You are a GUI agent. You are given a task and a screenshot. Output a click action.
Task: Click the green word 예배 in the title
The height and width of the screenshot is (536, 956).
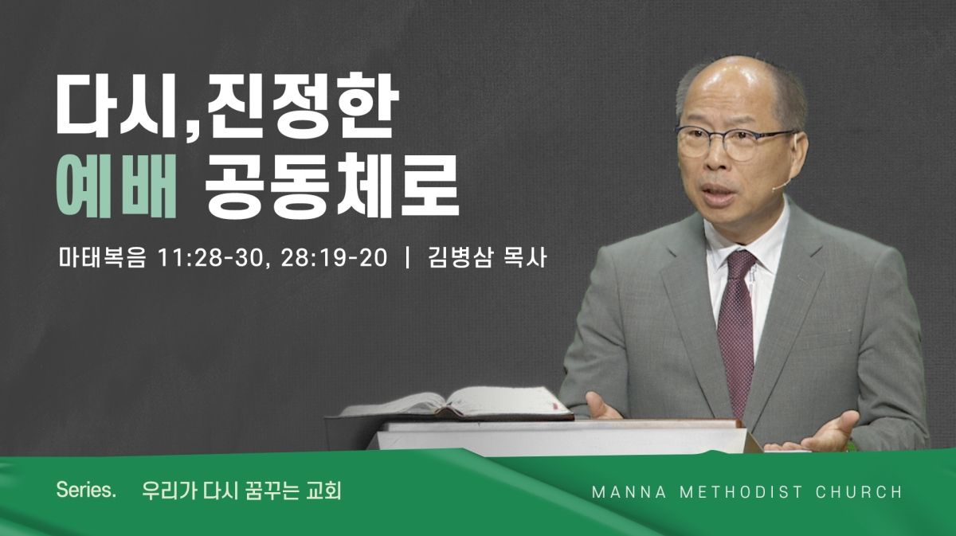[x=116, y=186]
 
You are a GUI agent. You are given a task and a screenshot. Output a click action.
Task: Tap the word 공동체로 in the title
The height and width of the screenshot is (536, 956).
[x=331, y=186]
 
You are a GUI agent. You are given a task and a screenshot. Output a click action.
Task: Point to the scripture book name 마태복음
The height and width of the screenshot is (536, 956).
[x=102, y=258]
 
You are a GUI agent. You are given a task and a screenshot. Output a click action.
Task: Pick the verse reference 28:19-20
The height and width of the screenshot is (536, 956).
[x=334, y=258]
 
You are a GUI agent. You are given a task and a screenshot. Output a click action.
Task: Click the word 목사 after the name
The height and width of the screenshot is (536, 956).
[x=525, y=257]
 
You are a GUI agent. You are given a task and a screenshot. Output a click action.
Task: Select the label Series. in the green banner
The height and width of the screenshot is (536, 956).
[x=86, y=490]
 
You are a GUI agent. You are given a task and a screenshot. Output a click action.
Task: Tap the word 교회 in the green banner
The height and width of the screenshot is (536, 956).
[x=324, y=491]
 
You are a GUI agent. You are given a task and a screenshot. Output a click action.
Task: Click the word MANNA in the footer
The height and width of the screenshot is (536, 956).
[x=629, y=492]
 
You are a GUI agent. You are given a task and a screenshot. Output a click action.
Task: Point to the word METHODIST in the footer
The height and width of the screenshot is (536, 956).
[x=742, y=492]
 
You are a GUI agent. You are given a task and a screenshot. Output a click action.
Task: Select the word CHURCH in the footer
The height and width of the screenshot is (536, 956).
[x=859, y=492]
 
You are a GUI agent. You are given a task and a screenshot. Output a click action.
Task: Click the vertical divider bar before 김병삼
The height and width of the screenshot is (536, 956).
[x=408, y=257]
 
